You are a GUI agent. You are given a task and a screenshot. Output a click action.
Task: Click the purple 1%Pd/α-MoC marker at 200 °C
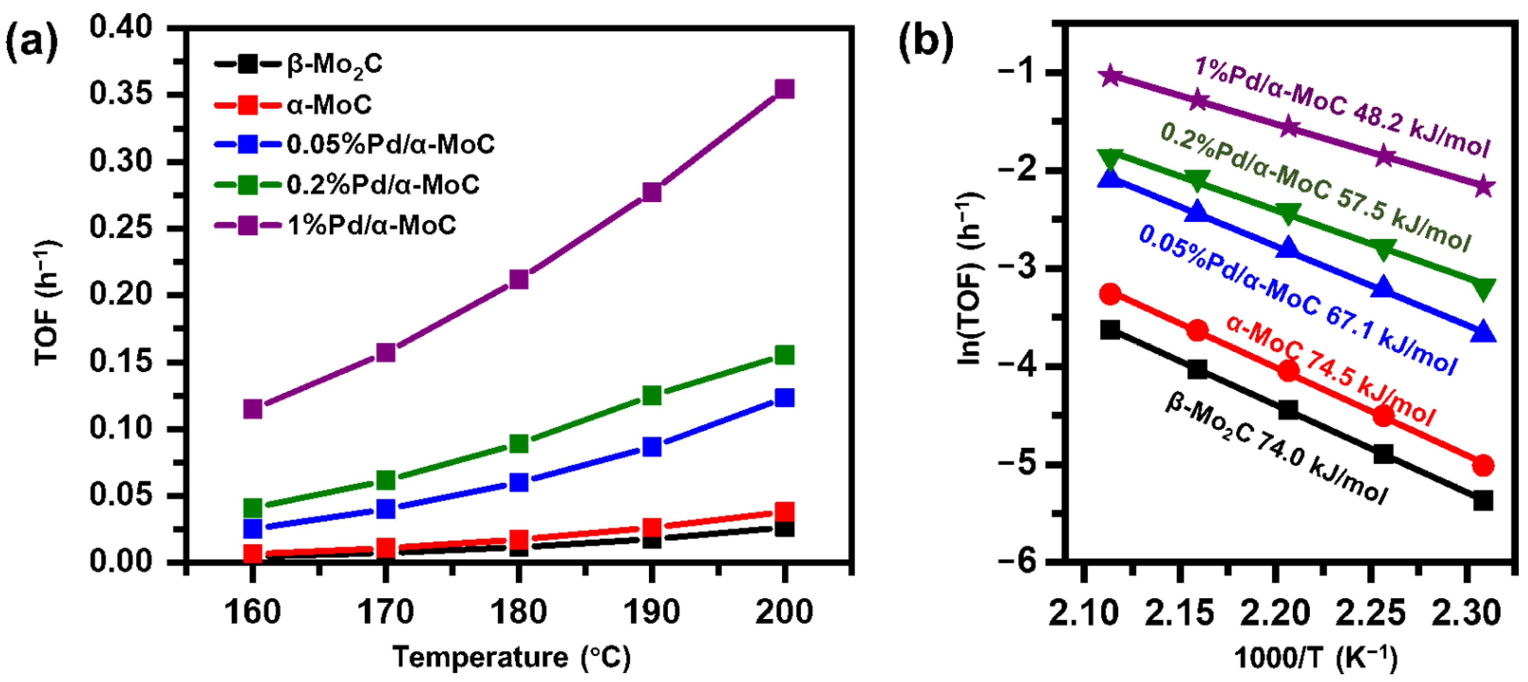coord(784,90)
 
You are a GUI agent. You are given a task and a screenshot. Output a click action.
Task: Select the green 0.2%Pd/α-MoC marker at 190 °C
coord(652,395)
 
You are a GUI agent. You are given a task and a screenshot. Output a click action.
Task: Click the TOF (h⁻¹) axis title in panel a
coord(47,302)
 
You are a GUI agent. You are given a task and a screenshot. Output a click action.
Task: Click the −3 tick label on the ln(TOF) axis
coord(1019,268)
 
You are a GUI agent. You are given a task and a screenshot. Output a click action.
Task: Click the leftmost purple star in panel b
coord(1110,76)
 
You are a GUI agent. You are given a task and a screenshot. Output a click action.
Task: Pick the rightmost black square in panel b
coord(1483,501)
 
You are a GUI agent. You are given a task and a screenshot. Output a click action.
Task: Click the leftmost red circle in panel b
coord(1110,294)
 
